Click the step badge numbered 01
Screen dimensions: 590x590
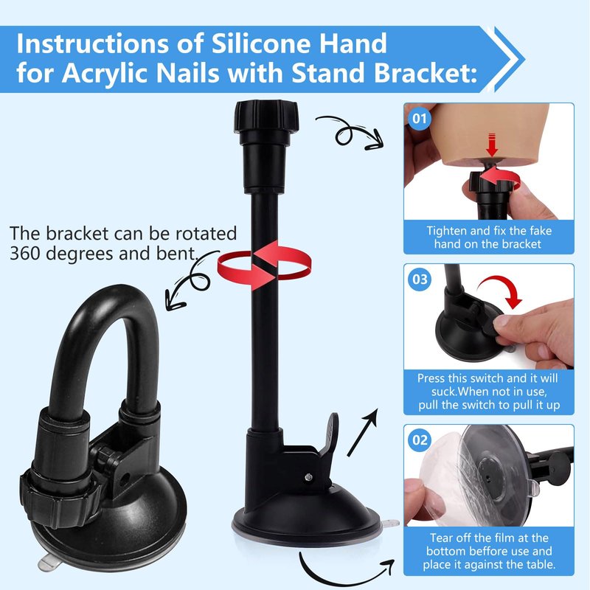click(419, 119)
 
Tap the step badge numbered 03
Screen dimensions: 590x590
click(420, 280)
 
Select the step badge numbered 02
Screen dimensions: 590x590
click(420, 440)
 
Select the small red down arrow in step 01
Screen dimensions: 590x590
click(492, 145)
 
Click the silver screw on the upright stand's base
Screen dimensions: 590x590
click(308, 477)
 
